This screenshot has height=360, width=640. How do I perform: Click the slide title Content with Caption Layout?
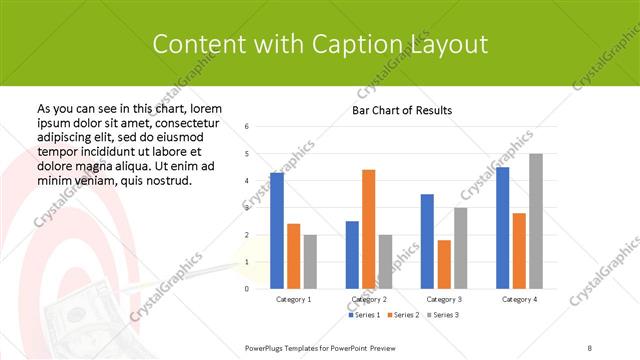coord(320,44)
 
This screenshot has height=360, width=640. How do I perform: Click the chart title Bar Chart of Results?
coord(402,110)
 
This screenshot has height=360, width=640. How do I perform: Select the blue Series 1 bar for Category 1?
coord(277,231)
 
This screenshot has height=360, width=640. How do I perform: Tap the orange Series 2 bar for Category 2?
coord(368,229)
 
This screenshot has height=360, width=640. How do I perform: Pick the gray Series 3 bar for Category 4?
coord(535,221)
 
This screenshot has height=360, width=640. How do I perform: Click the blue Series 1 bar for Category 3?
coord(427,241)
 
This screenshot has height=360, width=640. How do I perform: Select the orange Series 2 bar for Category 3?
coord(444,264)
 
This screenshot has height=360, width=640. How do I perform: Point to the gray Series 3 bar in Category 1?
coord(310,261)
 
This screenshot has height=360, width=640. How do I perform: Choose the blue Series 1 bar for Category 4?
coord(502,228)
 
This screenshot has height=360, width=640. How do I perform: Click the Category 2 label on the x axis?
coord(369,299)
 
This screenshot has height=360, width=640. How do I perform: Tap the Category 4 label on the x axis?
coord(519,299)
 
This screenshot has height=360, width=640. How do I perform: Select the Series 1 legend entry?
coord(364,315)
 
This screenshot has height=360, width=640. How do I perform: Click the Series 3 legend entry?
coord(444,315)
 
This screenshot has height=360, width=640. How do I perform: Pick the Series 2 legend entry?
coord(404,315)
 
